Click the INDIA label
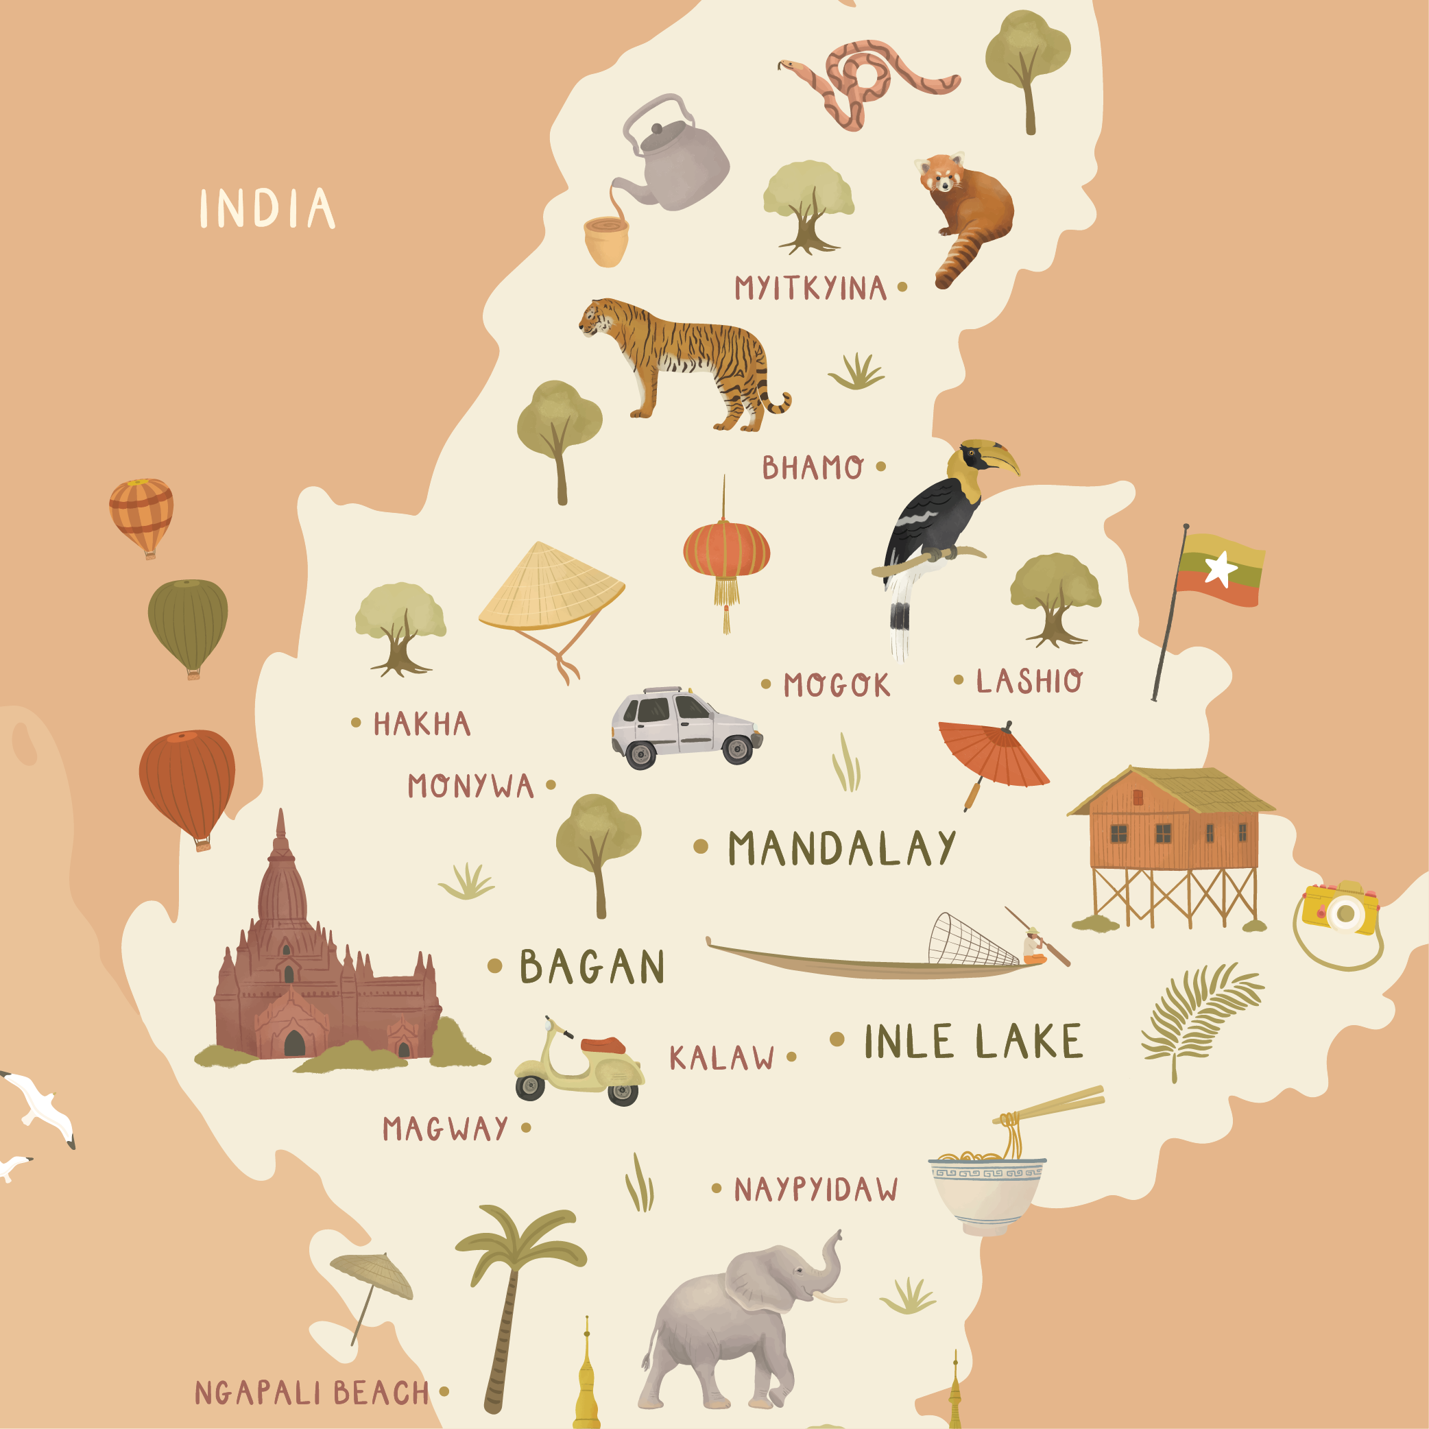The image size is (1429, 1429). tap(267, 208)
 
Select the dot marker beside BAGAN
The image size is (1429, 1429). tap(495, 965)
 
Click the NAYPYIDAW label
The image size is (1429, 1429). tap(815, 1190)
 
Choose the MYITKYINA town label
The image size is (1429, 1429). tap(810, 288)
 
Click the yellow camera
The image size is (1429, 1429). tap(1341, 909)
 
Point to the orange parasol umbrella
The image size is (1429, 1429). tap(991, 754)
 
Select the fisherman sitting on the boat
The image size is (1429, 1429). tap(1032, 948)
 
